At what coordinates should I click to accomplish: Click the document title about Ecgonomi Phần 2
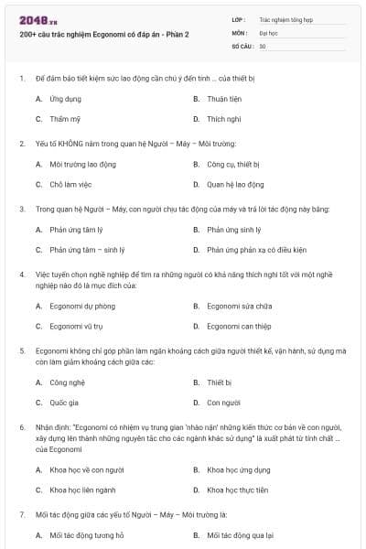[103, 35]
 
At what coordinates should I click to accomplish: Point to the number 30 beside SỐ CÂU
[263, 45]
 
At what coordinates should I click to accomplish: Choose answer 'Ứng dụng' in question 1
[66, 98]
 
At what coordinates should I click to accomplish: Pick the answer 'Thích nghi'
[223, 119]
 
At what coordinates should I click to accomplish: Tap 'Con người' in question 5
[223, 402]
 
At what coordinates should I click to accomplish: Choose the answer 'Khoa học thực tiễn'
[238, 490]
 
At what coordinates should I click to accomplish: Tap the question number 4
[22, 274]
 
